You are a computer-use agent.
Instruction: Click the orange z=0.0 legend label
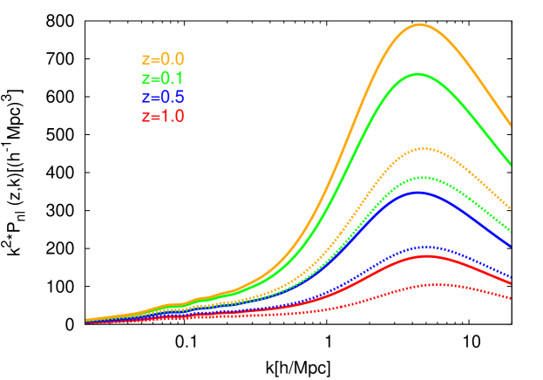tap(163, 60)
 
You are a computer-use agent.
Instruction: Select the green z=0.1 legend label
tap(163, 78)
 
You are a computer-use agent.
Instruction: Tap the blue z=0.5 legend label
tap(163, 97)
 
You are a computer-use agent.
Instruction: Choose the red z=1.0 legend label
tap(163, 116)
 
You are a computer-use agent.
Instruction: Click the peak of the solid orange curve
tap(419, 24)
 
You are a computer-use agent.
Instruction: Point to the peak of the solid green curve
tap(417, 74)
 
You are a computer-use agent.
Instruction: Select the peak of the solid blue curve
tap(418, 193)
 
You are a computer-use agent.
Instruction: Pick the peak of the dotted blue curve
tap(424, 247)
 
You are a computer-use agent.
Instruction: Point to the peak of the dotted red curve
tap(434, 284)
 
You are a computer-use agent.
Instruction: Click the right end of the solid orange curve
tap(512, 126)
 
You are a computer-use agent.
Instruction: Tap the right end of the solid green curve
tap(512, 165)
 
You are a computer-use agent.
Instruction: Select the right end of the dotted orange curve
tap(512, 210)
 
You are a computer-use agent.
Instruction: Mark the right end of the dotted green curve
tap(512, 231)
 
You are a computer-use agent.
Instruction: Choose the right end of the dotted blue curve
tap(512, 277)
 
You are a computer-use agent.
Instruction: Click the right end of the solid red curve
tap(512, 283)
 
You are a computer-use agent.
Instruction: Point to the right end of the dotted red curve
tap(512, 299)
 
